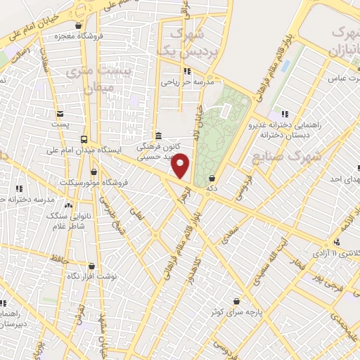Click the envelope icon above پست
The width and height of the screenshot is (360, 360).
(x=60, y=114)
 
